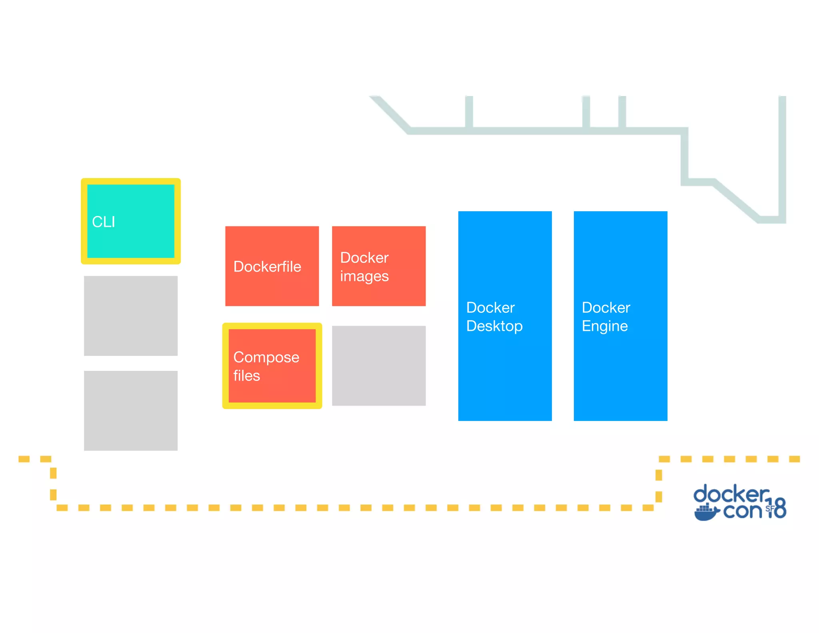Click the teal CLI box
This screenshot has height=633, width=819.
131,221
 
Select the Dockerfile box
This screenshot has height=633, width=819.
272,266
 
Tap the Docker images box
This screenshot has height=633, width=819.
379,266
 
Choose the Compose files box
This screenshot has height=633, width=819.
272,366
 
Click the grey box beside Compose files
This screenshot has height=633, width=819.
379,366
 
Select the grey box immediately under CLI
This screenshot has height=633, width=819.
131,316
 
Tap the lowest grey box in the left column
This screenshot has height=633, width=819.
131,411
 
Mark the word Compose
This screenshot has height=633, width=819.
266,357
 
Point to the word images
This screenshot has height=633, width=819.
364,276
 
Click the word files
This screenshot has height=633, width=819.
247,376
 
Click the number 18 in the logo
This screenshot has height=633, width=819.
777,508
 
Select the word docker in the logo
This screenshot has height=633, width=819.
731,495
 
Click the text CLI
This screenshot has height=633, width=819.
104,222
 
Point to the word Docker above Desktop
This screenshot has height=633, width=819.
490,308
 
